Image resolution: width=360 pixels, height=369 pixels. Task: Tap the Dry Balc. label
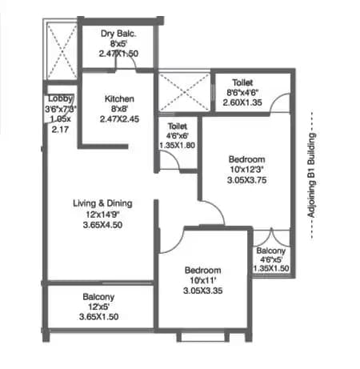[118, 34]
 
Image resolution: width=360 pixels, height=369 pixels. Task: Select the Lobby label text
[58, 98]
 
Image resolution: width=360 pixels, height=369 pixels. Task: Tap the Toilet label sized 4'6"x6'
[176, 126]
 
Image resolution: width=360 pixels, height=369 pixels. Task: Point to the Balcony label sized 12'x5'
[102, 296]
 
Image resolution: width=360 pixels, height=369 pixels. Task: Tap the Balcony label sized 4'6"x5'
[274, 251]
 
